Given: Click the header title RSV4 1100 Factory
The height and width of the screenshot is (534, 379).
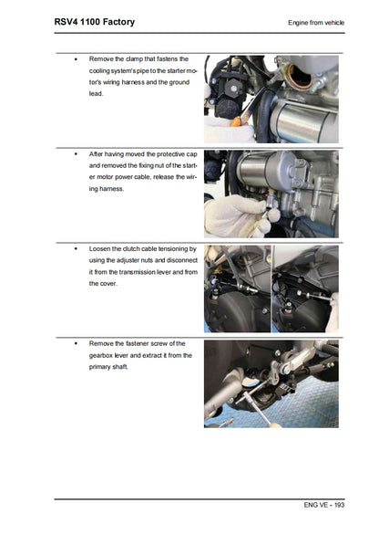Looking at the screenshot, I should pyautogui.click(x=83, y=20).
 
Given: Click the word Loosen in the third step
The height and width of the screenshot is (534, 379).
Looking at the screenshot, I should pyautogui.click(x=101, y=248).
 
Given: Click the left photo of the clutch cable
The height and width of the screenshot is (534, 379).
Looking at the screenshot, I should pyautogui.click(x=236, y=288).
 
